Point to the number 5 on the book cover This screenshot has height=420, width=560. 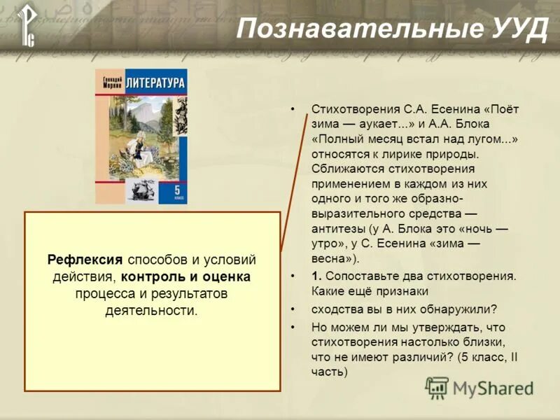click(177, 189)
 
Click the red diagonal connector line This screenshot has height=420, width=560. click(294, 182)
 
